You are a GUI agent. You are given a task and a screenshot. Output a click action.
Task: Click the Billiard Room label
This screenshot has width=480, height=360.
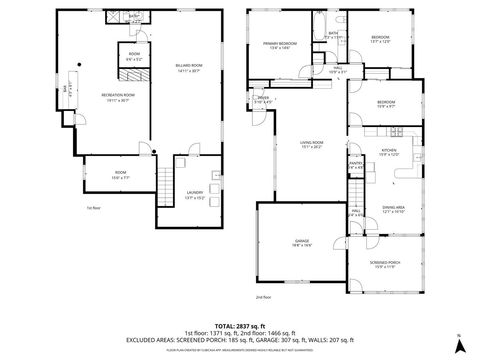pyautogui.click(x=188, y=66)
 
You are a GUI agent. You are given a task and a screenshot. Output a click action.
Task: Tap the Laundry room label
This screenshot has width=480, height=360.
pyautogui.click(x=195, y=194)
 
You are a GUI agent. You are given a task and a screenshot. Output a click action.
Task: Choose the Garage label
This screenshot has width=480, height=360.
pyautogui.click(x=301, y=242)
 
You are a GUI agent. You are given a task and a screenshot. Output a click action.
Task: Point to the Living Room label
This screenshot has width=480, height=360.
pyautogui.click(x=311, y=144)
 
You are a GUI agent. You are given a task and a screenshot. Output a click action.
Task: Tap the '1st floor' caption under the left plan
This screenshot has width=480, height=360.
pyautogui.click(x=94, y=209)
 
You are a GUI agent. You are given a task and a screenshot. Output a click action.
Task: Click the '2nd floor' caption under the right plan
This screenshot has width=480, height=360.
pyautogui.click(x=263, y=297)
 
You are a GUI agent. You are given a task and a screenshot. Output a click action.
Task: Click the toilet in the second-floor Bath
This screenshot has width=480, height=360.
pyautogui.click(x=342, y=21)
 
